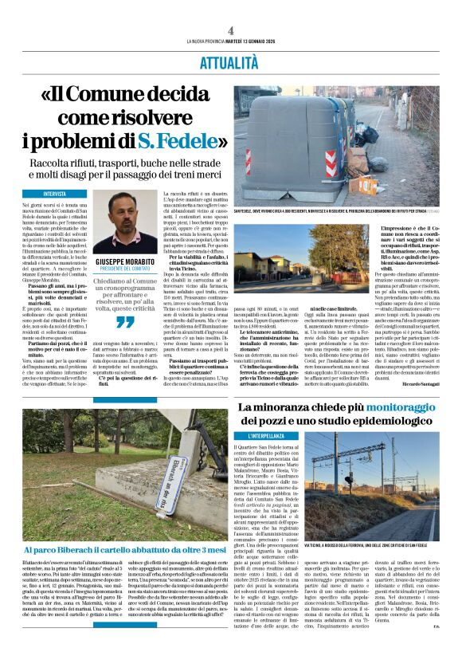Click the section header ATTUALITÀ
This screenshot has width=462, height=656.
coord(231,61)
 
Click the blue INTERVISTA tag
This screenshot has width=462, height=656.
coord(55,194)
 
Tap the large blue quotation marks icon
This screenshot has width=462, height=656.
coord(124,322)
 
